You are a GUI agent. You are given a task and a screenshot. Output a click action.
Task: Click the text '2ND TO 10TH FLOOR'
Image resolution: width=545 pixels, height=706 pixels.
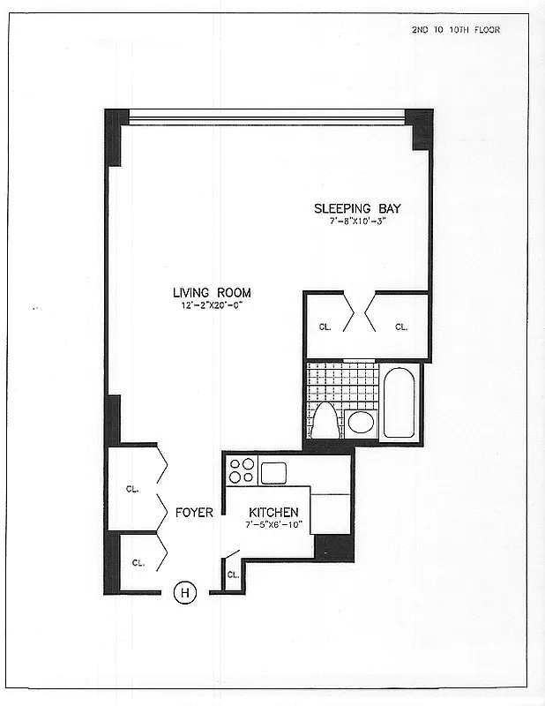click(455, 30)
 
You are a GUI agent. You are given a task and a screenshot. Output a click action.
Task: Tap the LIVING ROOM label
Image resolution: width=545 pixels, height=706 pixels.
click(212, 293)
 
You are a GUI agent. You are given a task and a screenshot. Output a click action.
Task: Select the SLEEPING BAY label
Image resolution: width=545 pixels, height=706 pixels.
click(357, 209)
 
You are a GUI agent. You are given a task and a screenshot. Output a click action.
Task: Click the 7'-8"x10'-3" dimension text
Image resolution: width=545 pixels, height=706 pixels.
click(357, 222)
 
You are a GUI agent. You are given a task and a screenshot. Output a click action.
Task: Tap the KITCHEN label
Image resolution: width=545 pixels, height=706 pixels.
click(273, 513)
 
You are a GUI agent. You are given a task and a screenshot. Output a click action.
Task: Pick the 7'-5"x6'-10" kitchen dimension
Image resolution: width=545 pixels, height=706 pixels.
click(273, 525)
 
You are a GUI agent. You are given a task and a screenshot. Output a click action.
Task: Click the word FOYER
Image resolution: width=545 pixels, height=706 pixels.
click(194, 513)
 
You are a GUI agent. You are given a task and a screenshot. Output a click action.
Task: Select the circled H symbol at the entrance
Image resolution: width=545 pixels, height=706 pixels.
click(185, 593)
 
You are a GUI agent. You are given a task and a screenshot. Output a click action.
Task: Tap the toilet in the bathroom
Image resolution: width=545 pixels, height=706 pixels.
click(325, 421)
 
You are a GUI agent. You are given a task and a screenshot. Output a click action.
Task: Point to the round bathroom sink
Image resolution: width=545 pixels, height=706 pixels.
click(360, 422)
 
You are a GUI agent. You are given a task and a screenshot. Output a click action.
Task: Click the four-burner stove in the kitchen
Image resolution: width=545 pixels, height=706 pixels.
click(242, 470)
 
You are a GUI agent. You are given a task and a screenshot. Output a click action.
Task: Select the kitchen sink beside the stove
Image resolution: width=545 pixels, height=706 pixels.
click(272, 472)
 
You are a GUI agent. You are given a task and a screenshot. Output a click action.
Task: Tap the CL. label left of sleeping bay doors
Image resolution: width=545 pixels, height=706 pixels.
click(325, 327)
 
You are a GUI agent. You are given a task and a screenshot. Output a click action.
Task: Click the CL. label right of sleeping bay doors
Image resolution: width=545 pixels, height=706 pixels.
click(401, 327)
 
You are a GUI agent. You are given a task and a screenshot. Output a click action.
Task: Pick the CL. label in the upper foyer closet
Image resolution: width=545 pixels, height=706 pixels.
click(131, 488)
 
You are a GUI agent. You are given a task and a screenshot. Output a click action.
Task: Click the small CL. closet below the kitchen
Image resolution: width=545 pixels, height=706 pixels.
click(233, 575)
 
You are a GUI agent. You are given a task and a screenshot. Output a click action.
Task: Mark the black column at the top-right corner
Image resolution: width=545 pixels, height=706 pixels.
click(422, 129)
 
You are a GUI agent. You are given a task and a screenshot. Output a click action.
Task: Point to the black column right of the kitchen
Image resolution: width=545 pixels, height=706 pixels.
click(334, 548)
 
